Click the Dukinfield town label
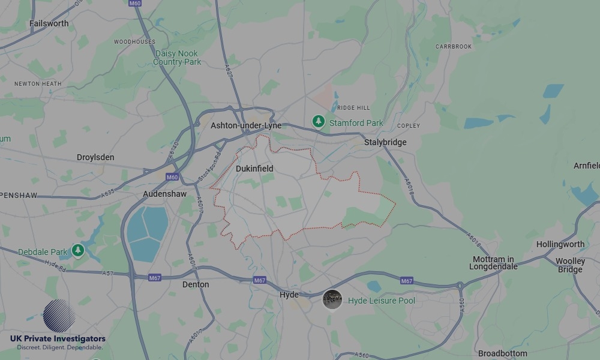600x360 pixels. pyautogui.click(x=254, y=169)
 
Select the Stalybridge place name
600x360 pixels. pyautogui.click(x=385, y=142)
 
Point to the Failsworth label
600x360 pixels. pyautogui.click(x=49, y=23)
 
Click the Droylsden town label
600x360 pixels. pyautogui.click(x=95, y=157)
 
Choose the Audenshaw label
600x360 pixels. pyautogui.click(x=164, y=194)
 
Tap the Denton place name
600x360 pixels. pyautogui.click(x=196, y=284)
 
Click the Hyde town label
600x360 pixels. pyautogui.click(x=289, y=295)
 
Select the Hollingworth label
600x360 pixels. pyautogui.click(x=560, y=244)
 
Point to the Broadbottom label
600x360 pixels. pyautogui.click(x=503, y=353)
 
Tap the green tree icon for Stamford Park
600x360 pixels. pyautogui.click(x=319, y=122)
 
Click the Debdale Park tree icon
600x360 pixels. pyautogui.click(x=77, y=250)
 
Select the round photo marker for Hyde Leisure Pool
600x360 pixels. pyautogui.click(x=332, y=299)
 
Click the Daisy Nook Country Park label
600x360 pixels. pyautogui.click(x=177, y=58)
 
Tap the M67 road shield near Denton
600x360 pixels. pyautogui.click(x=154, y=277)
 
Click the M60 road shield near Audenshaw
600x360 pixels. pyautogui.click(x=172, y=177)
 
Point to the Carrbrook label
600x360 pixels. pyautogui.click(x=454, y=46)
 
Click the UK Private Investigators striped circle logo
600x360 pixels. pyautogui.click(x=59, y=316)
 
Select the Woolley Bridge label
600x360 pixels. pyautogui.click(x=570, y=265)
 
